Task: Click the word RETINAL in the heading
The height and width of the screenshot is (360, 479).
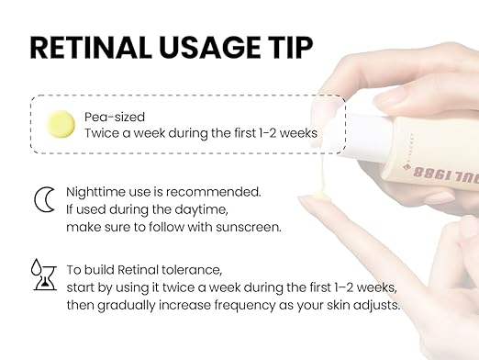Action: click(91, 48)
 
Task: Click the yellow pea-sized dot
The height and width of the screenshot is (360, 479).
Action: click(61, 124)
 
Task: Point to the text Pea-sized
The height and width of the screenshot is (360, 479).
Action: click(115, 117)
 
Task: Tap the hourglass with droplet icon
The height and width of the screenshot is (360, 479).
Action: click(44, 275)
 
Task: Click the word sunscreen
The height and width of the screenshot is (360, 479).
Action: click(249, 227)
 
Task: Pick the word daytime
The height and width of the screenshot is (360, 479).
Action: click(201, 210)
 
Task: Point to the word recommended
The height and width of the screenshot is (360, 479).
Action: click(213, 192)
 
